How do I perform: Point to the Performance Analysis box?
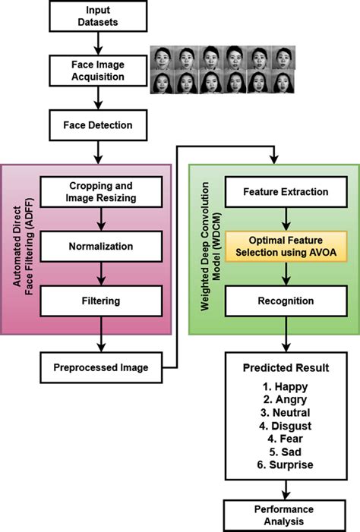pos(285,515)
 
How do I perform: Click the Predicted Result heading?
pos(285,368)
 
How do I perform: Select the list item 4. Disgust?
pos(285,425)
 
